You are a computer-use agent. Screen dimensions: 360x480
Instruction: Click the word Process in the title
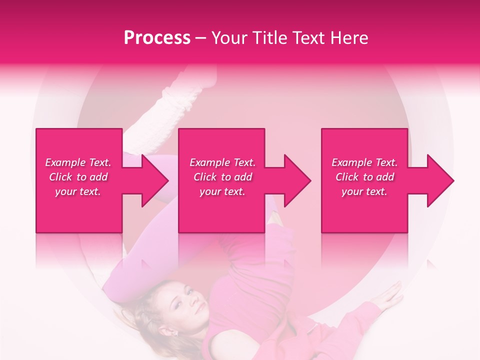pos(157,38)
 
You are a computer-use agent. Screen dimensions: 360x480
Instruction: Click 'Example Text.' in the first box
pos(78,162)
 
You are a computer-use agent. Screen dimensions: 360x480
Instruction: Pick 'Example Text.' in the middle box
pos(222,162)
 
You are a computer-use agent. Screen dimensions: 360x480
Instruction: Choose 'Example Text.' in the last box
pos(364,162)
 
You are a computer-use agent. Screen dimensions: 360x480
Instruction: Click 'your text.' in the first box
pos(78,191)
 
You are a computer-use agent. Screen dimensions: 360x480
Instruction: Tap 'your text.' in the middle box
pos(222,191)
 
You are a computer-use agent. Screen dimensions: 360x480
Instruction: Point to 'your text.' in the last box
pos(364,191)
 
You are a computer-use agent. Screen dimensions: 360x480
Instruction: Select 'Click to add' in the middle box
pos(222,177)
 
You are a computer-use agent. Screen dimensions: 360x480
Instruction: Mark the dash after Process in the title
pos(201,38)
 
